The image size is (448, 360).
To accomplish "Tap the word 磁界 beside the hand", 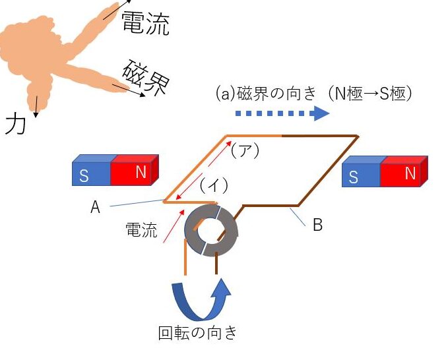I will (145, 78).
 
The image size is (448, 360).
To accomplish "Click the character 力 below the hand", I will (15, 123).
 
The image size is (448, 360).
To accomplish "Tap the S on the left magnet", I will (84, 176).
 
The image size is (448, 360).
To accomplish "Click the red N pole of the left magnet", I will (135, 172).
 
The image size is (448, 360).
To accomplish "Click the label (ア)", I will (245, 150).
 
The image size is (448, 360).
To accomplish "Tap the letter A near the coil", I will (95, 208).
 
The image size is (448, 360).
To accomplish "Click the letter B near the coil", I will (317, 225).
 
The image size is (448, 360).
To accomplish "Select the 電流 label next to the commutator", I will (141, 230).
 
